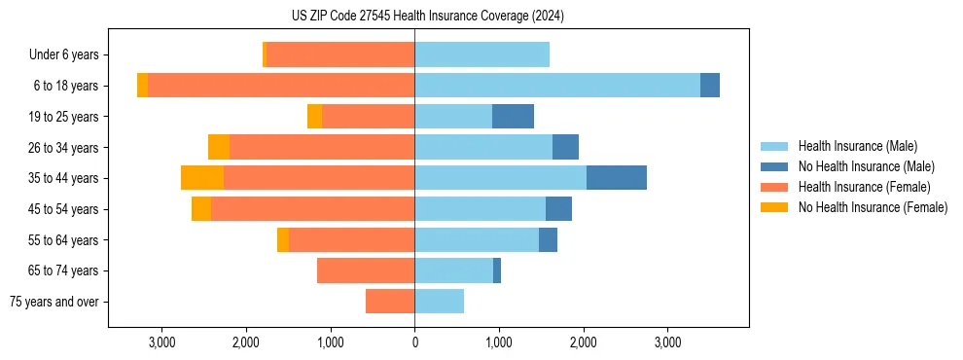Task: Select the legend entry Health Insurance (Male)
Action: [x=857, y=146]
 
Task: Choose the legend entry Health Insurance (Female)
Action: [x=864, y=187]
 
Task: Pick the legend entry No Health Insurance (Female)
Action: [x=873, y=207]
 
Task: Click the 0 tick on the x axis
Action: [x=414, y=343]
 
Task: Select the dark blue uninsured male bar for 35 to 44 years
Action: [x=617, y=178]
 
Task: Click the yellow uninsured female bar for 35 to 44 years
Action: [x=202, y=178]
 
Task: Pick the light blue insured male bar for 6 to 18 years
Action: [x=557, y=86]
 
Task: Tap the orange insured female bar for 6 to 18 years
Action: [x=281, y=86]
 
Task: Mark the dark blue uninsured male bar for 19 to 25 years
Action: [x=513, y=117]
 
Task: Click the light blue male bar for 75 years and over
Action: [x=440, y=302]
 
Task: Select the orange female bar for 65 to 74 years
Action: [x=366, y=270]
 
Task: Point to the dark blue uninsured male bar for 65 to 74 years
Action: [x=497, y=270]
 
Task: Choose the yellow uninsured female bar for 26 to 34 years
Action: [x=219, y=147]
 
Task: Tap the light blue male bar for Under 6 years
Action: [x=481, y=55]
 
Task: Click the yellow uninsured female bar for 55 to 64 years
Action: [x=283, y=240]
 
